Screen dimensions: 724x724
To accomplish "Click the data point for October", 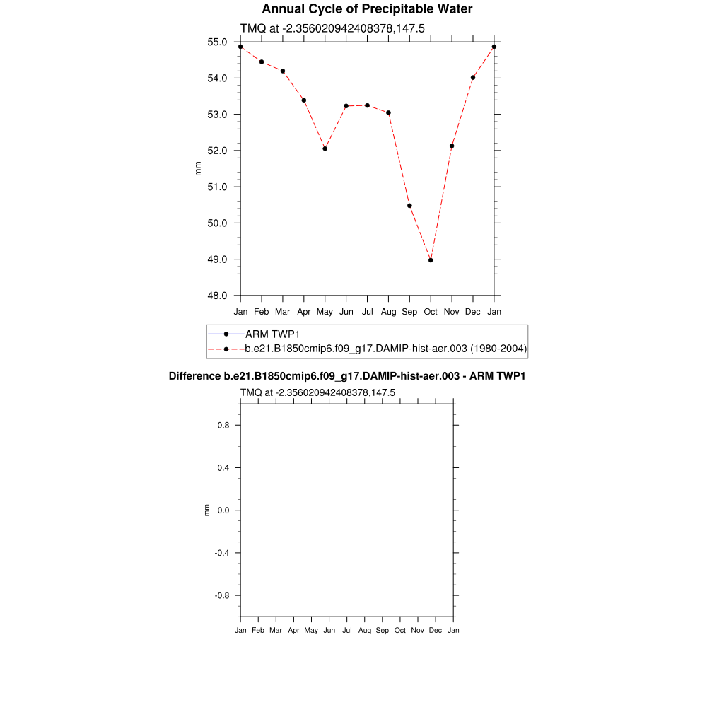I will tap(431, 260).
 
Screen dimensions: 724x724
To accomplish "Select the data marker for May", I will tap(325, 148).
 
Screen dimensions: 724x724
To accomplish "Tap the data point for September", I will tap(409, 206).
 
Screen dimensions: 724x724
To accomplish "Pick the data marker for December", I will tap(473, 78).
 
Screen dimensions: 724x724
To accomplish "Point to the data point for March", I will tap(283, 71).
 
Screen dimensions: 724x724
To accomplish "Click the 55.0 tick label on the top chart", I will tap(217, 42).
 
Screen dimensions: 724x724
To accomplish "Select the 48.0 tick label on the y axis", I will tap(217, 296).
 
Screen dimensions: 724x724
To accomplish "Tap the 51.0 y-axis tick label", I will tap(217, 187).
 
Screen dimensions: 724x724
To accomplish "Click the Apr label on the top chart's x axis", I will tap(304, 312).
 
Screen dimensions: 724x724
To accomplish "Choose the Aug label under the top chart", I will tap(388, 312).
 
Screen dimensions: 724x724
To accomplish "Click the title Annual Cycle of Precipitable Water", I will tap(367, 9).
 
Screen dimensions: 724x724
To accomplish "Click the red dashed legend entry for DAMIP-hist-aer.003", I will tap(385, 349).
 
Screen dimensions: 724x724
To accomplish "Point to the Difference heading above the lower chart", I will tap(346, 376).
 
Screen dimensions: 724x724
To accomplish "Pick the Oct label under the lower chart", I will tap(400, 631).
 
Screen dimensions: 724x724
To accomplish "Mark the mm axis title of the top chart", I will tap(199, 168).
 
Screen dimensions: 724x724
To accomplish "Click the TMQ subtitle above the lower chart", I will tap(317, 392).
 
